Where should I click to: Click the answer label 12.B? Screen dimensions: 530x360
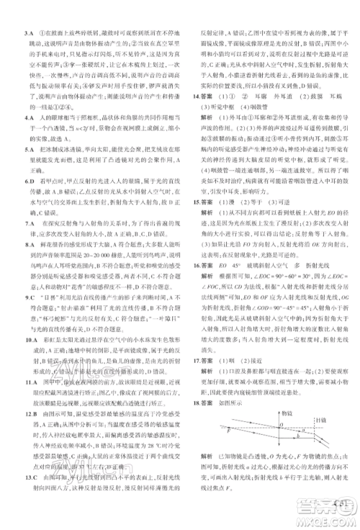pos(30,435)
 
